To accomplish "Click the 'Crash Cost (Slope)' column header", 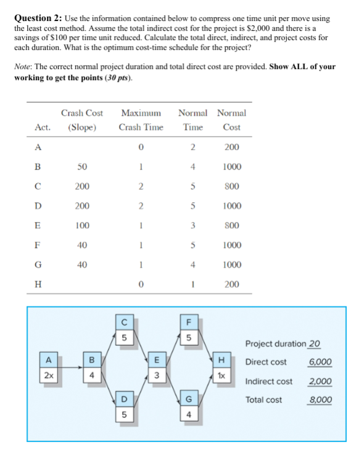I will pyautogui.click(x=81, y=120).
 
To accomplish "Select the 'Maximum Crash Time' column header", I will pyautogui.click(x=141, y=120).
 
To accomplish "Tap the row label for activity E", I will pyautogui.click(x=38, y=226).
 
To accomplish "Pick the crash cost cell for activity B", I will pyautogui.click(x=81, y=166).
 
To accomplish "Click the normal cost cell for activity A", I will pyautogui.click(x=231, y=147).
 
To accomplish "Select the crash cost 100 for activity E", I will pyautogui.click(x=81, y=226).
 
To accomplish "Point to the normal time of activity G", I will pyautogui.click(x=193, y=265).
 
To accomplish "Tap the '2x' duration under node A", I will pyautogui.click(x=47, y=375).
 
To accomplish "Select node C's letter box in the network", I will pyautogui.click(x=124, y=321).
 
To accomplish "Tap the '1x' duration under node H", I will pyautogui.click(x=221, y=375).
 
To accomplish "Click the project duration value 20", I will pyautogui.click(x=314, y=343).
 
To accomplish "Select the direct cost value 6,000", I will pyautogui.click(x=320, y=361).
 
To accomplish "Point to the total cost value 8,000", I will pyautogui.click(x=320, y=400).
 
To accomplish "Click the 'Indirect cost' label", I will pyautogui.click(x=269, y=381).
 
